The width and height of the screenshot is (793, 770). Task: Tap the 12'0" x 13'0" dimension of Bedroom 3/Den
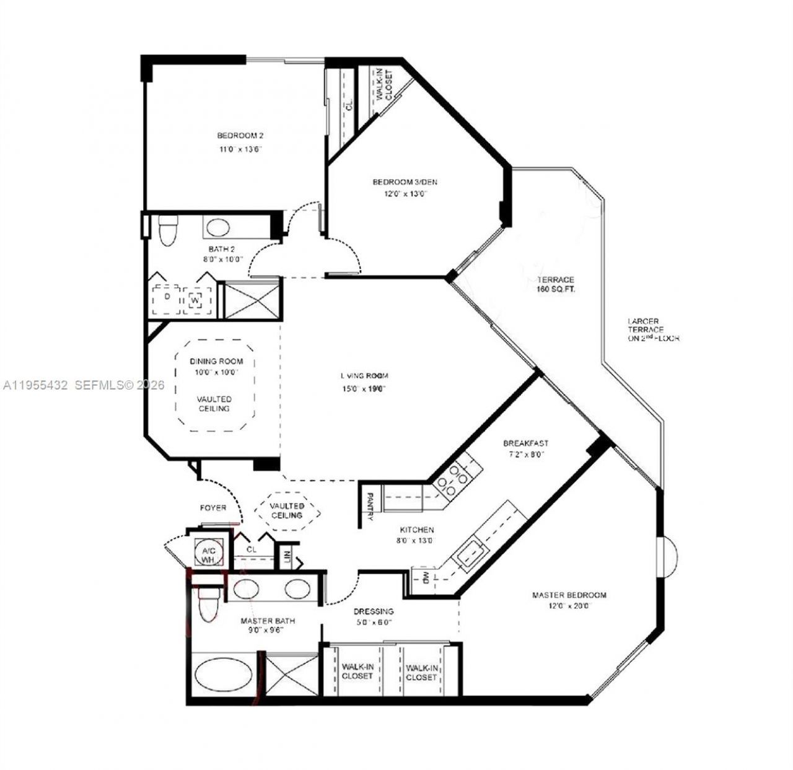405,194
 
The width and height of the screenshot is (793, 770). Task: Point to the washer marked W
195,300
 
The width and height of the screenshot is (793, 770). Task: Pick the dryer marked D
166,297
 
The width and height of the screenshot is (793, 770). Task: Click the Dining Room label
216,361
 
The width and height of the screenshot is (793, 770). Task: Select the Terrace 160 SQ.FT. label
555,284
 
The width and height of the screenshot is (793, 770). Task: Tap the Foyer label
212,508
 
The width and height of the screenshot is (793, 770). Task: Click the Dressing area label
373,611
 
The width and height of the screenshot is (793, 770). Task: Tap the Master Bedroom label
569,595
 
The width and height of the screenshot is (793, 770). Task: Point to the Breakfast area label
525,444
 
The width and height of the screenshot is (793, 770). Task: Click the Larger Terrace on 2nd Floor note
653,330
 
